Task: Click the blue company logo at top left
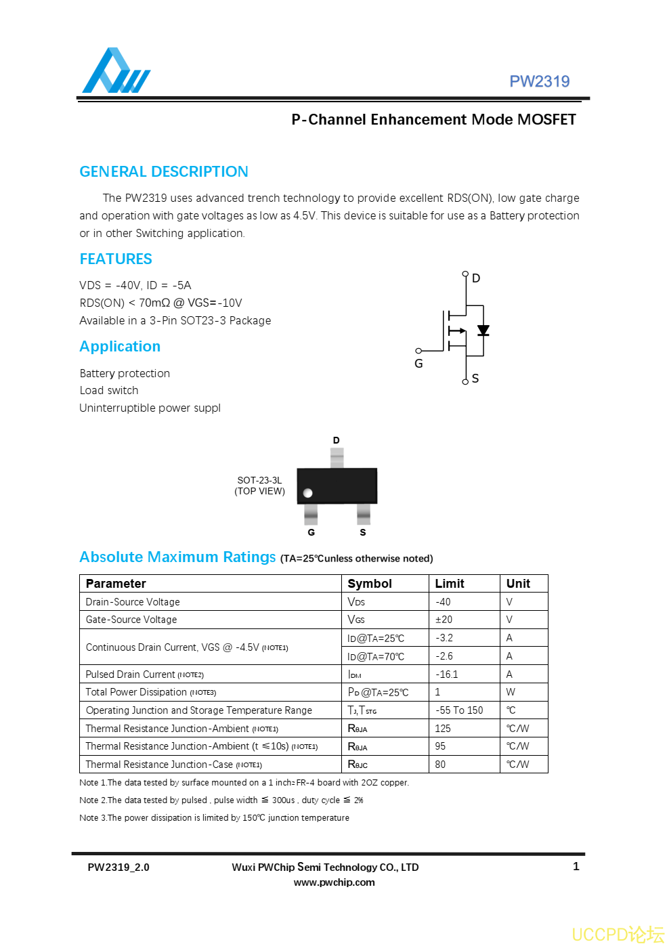116,71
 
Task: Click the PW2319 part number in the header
539,82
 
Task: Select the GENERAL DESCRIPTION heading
164,172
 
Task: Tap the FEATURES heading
116,259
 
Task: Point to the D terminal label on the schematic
476,278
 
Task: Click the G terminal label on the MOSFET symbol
418,364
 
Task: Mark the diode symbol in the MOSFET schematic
483,330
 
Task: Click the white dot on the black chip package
308,493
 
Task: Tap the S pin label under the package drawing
363,532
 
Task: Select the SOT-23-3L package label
259,480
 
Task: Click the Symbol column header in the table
370,584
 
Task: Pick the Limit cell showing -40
443,602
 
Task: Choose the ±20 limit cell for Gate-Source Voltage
444,620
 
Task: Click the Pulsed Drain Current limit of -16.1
446,674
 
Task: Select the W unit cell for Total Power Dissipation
511,692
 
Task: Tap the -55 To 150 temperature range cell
459,710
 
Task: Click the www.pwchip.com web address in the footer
334,882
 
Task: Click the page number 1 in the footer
576,867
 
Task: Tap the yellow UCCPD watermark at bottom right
618,935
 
